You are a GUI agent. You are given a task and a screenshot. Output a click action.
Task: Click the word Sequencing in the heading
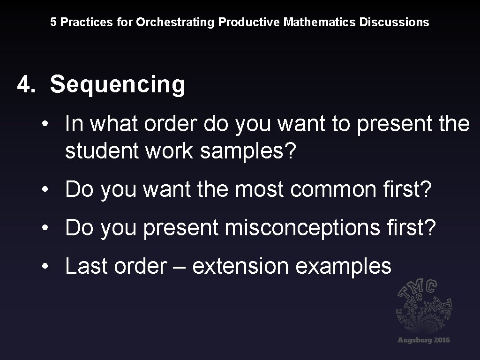(x=117, y=85)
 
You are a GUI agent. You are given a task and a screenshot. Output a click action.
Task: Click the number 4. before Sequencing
(x=27, y=84)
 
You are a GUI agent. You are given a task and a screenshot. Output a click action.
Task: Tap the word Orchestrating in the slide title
(x=174, y=22)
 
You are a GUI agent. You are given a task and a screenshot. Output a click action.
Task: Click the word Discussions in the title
(x=394, y=22)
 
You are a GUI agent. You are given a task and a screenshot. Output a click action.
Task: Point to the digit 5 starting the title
(x=53, y=22)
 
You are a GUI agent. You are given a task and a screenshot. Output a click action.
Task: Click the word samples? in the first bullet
(x=248, y=151)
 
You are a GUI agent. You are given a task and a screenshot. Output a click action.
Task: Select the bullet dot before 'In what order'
(x=45, y=125)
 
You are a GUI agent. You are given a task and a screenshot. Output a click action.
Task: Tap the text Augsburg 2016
(x=423, y=340)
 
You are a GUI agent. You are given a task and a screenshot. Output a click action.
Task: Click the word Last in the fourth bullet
(x=85, y=266)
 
